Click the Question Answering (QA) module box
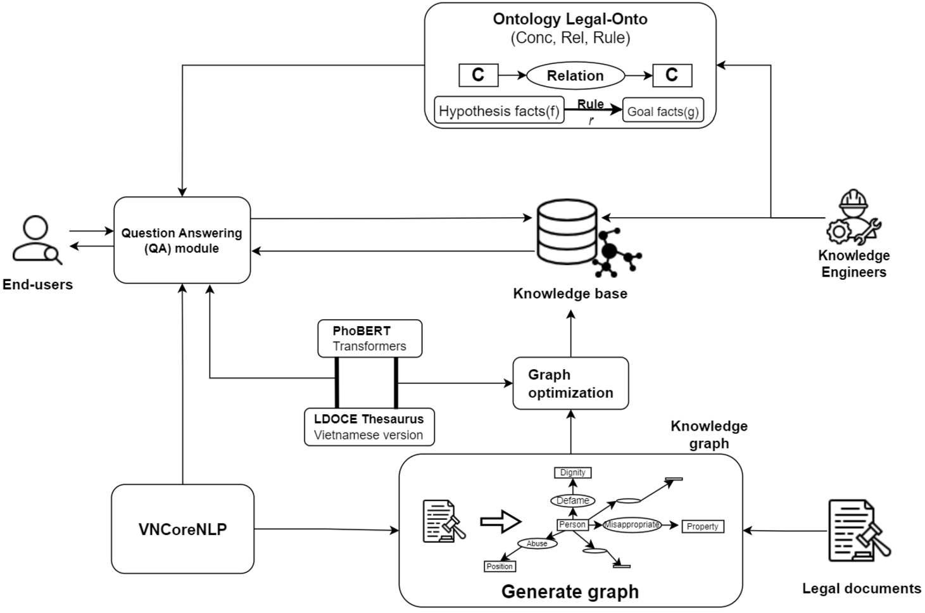182,240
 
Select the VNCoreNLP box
182,529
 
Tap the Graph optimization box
570,383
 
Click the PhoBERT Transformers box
370,338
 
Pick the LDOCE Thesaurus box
369,427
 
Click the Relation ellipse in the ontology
575,76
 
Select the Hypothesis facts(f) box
499,111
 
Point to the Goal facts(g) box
663,111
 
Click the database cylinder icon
567,232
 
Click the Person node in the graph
572,524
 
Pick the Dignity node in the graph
572,472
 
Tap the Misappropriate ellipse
632,524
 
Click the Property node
702,526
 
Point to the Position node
500,566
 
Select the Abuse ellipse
537,543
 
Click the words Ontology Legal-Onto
570,19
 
